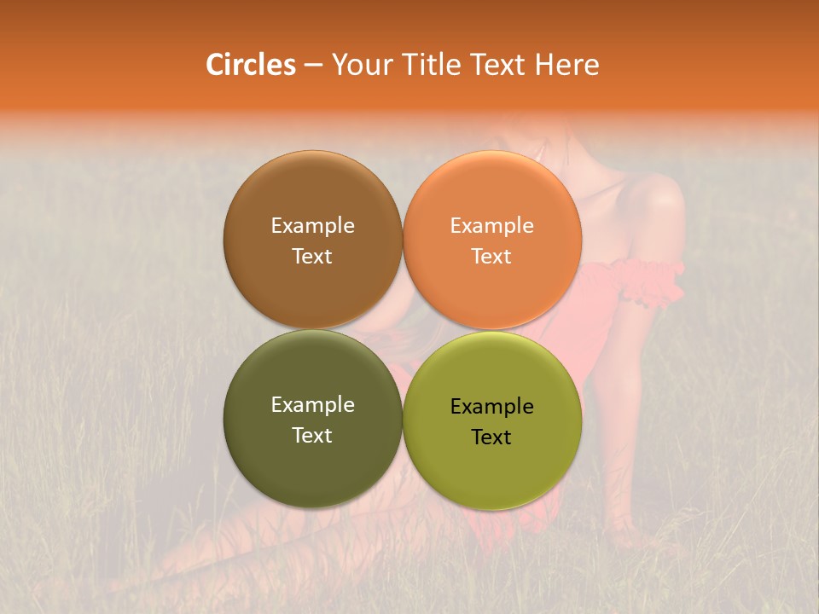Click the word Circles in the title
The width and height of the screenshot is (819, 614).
coord(251,65)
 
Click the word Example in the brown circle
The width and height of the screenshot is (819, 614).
coord(312,226)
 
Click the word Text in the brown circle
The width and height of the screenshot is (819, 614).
coord(312,257)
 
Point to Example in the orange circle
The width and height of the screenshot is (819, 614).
coord(491,226)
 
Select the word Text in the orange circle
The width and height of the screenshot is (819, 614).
coord(491,257)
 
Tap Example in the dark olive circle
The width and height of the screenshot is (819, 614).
coord(312,405)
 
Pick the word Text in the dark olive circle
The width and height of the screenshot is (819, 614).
coord(312,436)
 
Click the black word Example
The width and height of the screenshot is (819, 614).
coord(491,407)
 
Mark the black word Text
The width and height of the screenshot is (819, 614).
coord(491,437)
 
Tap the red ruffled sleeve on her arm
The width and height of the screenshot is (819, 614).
coord(653,281)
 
